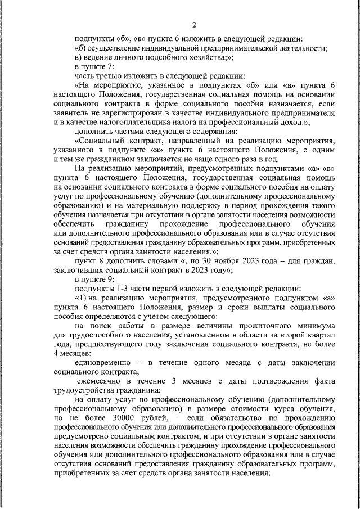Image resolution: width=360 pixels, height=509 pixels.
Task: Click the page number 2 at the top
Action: tap(194, 24)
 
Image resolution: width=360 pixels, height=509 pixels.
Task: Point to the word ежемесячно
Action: tap(105, 381)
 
